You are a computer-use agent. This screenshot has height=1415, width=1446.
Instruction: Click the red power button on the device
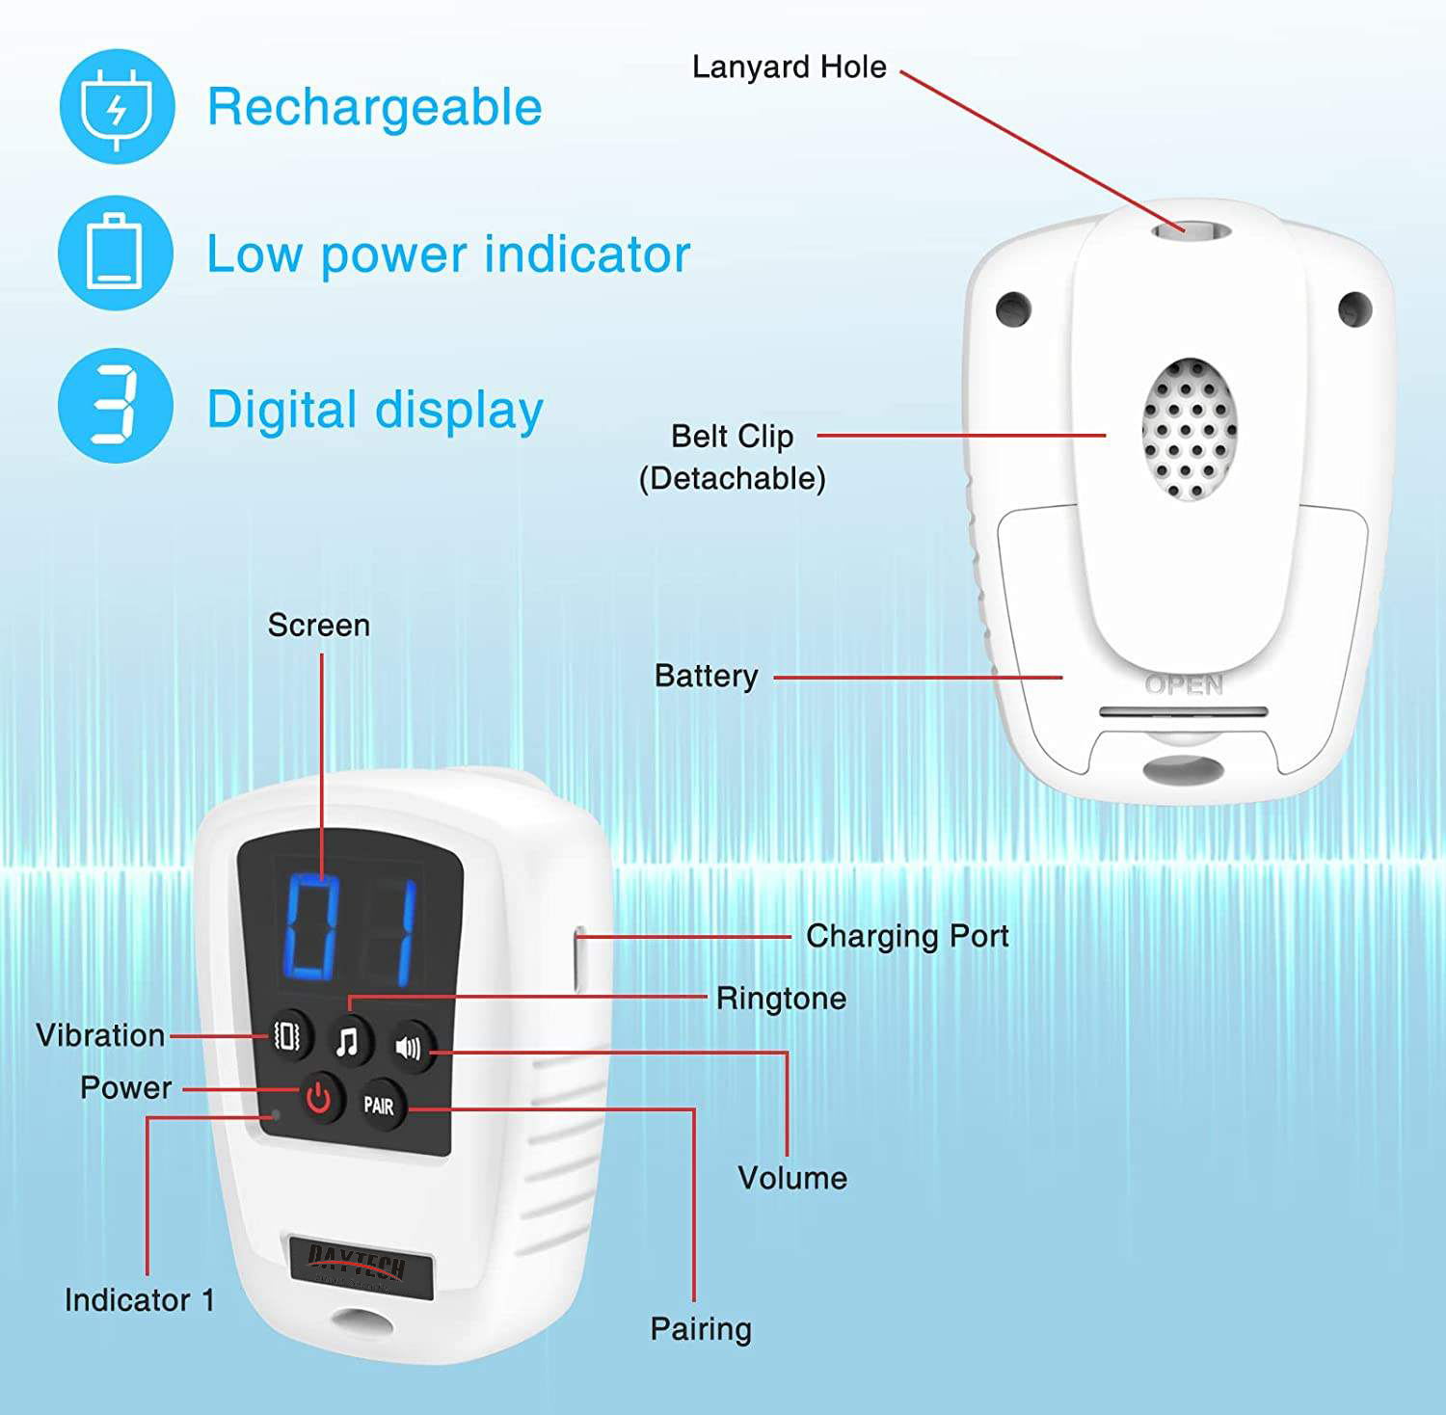(318, 1098)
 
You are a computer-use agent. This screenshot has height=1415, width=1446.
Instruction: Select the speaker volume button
(409, 1047)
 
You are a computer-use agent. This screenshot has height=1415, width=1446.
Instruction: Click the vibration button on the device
(287, 1035)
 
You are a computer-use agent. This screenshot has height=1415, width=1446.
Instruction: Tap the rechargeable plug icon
(117, 107)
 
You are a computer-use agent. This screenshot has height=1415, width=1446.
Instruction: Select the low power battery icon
(116, 253)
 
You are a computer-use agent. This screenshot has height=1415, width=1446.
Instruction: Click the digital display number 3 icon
(116, 405)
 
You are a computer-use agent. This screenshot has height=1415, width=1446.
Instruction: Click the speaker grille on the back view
(1190, 430)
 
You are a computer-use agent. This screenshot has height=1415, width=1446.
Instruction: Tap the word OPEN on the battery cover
(1184, 685)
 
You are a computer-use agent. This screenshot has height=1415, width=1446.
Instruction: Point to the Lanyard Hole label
(790, 67)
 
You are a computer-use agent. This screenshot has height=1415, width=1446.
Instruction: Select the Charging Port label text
(907, 936)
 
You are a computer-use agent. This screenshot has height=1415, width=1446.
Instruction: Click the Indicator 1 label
(140, 1299)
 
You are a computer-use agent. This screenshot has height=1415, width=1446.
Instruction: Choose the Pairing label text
(701, 1329)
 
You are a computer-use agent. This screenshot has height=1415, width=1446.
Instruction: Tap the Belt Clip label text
(733, 437)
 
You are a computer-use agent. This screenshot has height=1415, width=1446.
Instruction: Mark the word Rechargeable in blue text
(375, 108)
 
